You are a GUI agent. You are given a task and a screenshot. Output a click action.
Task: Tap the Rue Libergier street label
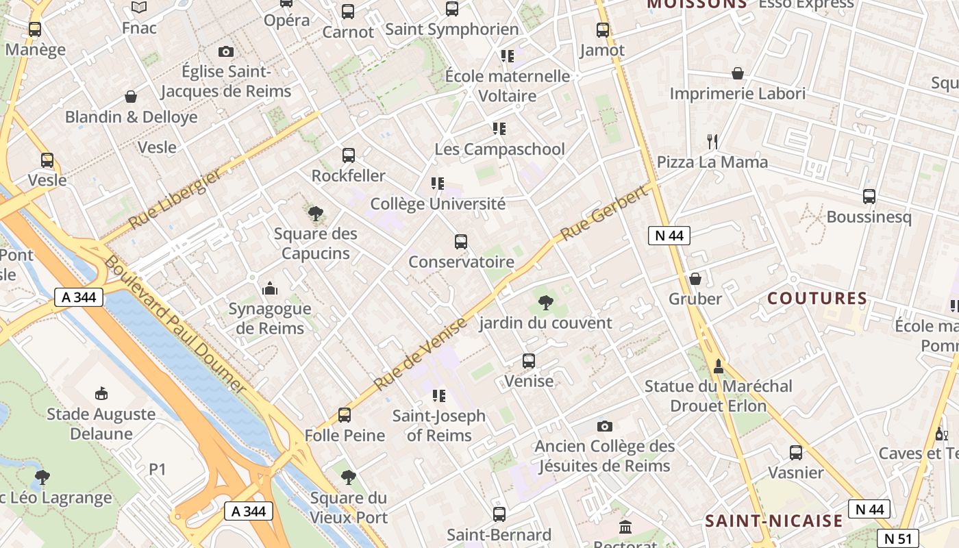click(x=175, y=199)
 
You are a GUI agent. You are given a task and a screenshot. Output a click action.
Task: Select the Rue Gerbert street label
click(x=604, y=213)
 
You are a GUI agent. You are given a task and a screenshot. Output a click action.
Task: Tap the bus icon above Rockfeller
click(x=349, y=155)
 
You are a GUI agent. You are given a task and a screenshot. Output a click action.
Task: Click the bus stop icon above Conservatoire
click(x=461, y=242)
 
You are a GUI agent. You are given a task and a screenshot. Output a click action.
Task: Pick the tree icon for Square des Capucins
click(x=316, y=214)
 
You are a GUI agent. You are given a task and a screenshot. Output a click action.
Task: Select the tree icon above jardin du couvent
click(x=546, y=302)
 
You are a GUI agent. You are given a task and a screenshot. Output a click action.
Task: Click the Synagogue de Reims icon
click(x=270, y=288)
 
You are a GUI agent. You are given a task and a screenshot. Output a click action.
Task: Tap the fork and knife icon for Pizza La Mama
click(x=712, y=142)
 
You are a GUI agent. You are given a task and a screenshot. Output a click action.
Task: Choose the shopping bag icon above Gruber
click(x=695, y=279)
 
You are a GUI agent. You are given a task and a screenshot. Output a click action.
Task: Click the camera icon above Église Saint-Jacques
click(x=225, y=51)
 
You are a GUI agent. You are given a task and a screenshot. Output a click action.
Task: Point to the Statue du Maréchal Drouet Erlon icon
click(x=718, y=366)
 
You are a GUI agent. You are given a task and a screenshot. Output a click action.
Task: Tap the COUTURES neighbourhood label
click(x=817, y=299)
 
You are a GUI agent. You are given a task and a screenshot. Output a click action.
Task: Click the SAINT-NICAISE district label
click(x=774, y=521)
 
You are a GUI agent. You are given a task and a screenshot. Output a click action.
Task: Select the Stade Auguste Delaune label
click(x=101, y=424)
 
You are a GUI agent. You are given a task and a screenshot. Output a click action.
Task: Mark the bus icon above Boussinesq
click(x=869, y=197)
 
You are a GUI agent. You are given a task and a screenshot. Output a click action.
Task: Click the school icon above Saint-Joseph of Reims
click(x=438, y=396)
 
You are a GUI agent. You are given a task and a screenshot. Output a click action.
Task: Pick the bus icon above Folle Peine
click(x=345, y=415)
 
